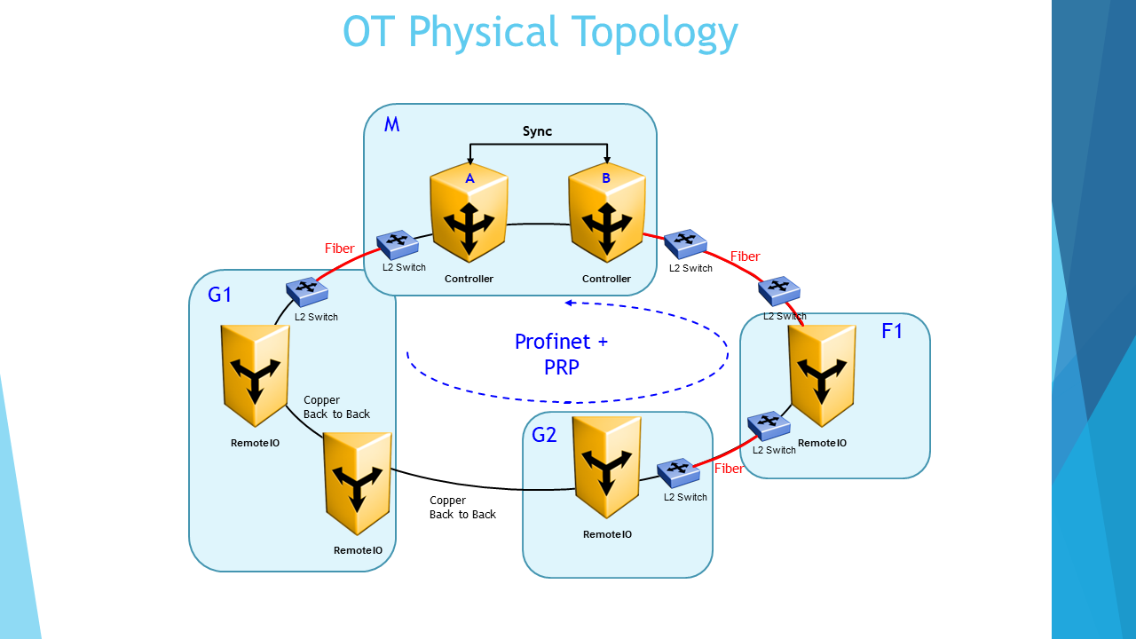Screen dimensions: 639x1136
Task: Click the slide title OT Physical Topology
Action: tap(540, 33)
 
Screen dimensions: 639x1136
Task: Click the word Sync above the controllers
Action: tap(537, 131)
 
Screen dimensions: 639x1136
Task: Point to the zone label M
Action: tap(391, 124)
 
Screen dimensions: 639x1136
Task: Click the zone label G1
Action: tap(220, 295)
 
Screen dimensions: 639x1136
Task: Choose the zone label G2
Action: tap(544, 435)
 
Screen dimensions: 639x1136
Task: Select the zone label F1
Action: tap(892, 332)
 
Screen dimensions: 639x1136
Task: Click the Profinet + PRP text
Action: tap(561, 353)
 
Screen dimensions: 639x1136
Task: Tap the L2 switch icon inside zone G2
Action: tap(678, 472)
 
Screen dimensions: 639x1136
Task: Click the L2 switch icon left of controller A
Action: tap(398, 244)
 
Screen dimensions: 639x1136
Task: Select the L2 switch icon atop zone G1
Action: tap(307, 289)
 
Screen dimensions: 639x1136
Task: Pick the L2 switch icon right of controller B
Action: tap(685, 241)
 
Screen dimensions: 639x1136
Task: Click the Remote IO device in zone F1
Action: tap(823, 375)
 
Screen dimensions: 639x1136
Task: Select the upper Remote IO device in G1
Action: tap(255, 375)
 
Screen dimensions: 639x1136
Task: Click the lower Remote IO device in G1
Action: tap(358, 483)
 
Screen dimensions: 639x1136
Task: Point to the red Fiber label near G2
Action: tap(729, 469)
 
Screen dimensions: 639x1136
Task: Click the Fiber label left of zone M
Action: tap(339, 248)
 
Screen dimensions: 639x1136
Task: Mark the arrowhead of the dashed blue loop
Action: tap(571, 303)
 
